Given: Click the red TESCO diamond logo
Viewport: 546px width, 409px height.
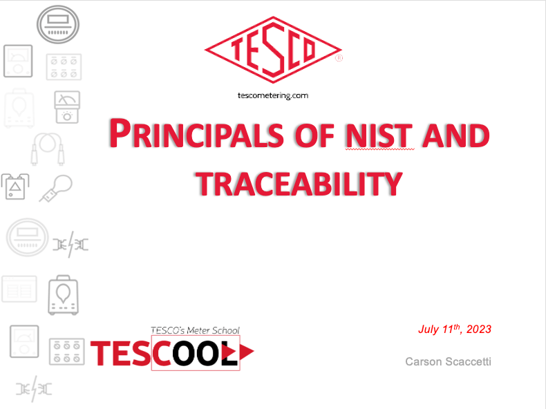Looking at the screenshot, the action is pos(274,50).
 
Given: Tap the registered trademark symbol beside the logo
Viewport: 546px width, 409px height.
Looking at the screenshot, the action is pos(339,58).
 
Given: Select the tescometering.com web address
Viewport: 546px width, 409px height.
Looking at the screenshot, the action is pos(273,95).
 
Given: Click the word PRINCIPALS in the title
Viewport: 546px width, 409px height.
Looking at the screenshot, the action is pos(196,134).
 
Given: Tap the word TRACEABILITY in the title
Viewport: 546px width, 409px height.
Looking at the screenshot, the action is pos(299,184).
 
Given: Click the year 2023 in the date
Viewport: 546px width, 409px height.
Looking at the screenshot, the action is pos(479,330).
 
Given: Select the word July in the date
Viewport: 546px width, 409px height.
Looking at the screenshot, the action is pos(429,330).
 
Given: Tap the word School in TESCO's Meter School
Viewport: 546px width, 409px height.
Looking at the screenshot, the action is pos(226,330).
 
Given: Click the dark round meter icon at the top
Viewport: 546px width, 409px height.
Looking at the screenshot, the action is pos(58,24).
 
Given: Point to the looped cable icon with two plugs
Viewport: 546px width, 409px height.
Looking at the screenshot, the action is pos(48,149).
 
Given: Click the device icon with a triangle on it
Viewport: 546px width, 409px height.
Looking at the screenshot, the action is pos(15,187).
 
